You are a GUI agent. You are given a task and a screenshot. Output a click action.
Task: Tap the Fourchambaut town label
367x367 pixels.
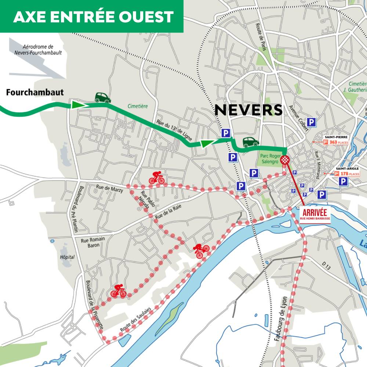(x=35, y=92)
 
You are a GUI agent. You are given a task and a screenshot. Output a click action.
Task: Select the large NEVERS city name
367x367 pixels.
(x=248, y=110)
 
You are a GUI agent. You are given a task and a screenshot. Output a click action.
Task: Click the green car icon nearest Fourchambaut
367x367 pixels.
(x=102, y=97)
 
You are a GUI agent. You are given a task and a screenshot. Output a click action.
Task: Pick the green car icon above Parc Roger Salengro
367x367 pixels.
(x=250, y=142)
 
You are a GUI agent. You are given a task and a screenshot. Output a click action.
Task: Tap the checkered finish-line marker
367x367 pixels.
(x=286, y=160)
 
